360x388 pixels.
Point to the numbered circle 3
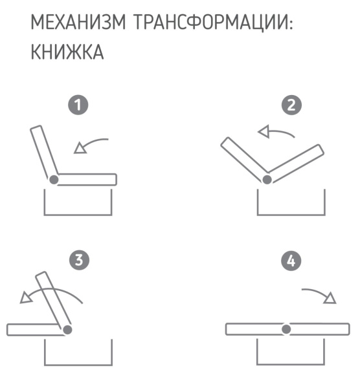click(x=79, y=261)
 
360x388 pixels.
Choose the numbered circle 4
click(x=293, y=261)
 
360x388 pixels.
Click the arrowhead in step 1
click(x=80, y=149)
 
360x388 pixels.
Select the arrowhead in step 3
click(x=27, y=297)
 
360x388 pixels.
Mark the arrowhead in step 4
click(x=330, y=298)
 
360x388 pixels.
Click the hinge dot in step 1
click(x=54, y=179)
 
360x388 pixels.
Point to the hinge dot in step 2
click(x=267, y=179)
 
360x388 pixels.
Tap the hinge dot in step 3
click(x=68, y=329)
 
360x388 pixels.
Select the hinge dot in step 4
click(x=287, y=329)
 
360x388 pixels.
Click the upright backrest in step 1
click(x=43, y=152)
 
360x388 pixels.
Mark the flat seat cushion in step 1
click(x=87, y=179)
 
